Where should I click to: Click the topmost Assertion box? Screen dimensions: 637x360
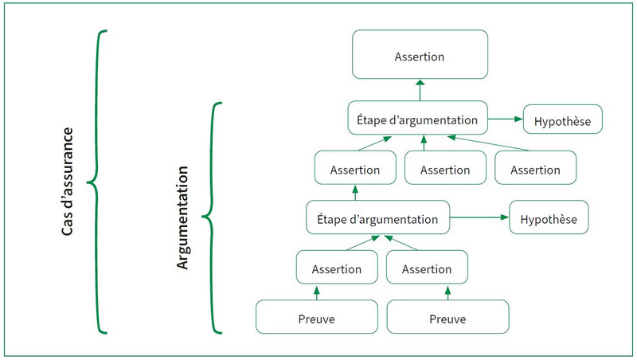[x=420, y=54]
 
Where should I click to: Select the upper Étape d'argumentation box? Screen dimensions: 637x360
[x=417, y=118]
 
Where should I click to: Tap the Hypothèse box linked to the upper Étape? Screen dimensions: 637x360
[x=563, y=119]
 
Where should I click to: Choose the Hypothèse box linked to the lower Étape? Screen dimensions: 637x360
[x=549, y=217]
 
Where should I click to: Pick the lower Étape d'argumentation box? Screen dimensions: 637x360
[x=377, y=217]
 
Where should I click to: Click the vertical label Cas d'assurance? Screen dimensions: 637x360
[x=67, y=182]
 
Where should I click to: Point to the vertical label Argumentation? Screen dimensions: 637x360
[x=182, y=217]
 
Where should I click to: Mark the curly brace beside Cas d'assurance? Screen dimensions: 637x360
[x=96, y=182]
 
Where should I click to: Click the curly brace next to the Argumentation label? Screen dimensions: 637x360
[x=212, y=217]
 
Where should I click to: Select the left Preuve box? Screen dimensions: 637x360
[x=317, y=317]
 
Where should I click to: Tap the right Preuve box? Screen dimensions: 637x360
[x=447, y=317]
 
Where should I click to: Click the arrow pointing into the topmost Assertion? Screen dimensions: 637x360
[x=420, y=90]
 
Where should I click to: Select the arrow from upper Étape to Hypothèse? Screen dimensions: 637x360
[x=506, y=119]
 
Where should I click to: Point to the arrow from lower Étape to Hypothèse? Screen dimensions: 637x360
[x=479, y=217]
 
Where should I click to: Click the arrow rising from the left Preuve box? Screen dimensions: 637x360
[x=317, y=292]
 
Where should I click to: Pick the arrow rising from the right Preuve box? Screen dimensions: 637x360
[x=447, y=292]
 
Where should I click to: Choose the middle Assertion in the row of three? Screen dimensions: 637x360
[x=445, y=167]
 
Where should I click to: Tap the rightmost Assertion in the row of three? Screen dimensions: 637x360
[x=535, y=167]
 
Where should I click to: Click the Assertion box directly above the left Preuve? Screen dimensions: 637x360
[x=337, y=267]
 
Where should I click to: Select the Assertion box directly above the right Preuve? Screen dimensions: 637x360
[x=427, y=267]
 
